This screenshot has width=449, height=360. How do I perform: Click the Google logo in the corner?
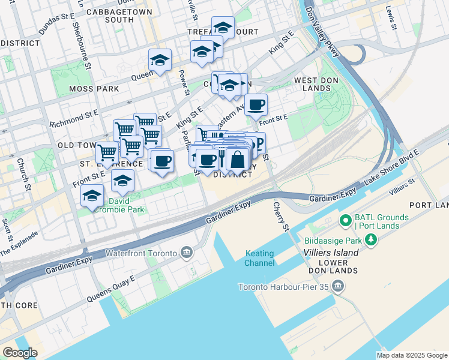(20, 353)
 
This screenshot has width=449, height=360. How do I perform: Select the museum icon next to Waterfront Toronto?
(186, 253)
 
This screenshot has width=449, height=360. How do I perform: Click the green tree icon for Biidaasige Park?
(372, 241)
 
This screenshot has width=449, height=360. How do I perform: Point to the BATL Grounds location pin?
(345, 221)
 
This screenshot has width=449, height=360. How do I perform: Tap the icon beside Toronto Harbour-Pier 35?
(337, 286)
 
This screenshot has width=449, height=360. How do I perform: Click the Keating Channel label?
(260, 258)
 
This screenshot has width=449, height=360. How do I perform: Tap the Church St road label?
(25, 174)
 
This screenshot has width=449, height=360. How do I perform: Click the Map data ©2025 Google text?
(411, 355)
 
